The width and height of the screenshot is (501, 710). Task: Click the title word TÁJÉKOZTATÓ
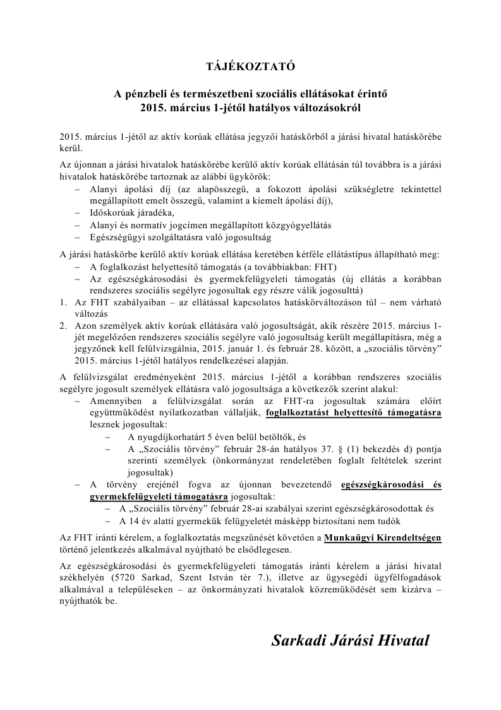(x=250, y=66)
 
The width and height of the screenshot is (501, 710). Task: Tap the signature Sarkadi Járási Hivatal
(x=350, y=640)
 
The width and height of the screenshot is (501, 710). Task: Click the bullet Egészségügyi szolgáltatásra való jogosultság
(x=180, y=237)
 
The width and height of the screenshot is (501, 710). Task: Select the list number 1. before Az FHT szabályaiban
(x=64, y=302)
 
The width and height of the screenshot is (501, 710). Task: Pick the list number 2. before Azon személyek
(x=64, y=326)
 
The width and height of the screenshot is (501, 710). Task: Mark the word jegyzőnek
(x=97, y=349)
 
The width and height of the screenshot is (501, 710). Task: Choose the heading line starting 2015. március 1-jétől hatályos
(x=250, y=107)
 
